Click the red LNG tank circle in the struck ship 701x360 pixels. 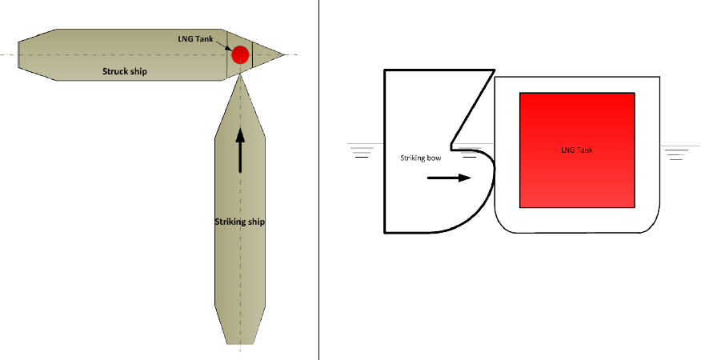240,54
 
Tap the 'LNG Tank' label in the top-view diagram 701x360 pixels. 195,39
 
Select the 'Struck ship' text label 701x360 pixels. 125,71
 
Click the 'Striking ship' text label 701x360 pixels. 239,222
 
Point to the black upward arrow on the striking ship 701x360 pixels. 241,150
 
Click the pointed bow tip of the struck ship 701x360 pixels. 284,55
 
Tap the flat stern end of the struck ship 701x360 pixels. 18,54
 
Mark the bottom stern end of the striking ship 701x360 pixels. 241,344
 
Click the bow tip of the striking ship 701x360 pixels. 241,74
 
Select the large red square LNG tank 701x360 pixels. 577,150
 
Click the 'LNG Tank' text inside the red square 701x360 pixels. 577,150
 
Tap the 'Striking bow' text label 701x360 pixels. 421,158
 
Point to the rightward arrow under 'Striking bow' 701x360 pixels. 449,178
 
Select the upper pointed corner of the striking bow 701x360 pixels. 494,70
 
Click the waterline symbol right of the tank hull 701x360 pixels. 679,152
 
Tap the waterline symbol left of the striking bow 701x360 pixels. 363,150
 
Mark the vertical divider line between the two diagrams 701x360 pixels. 318,180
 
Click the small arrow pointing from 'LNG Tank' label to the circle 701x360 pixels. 223,45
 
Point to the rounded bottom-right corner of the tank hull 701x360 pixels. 654,226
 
